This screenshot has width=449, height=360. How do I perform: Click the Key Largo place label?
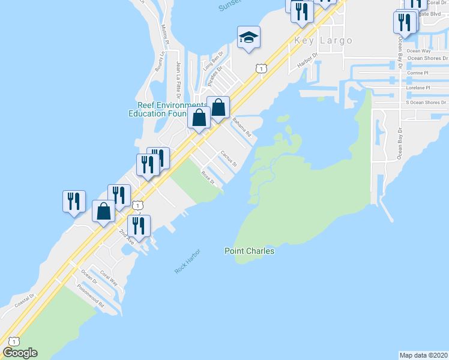[x=323, y=41]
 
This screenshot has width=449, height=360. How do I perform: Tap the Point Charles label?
[x=250, y=251]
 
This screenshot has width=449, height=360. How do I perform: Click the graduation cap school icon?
[x=249, y=38]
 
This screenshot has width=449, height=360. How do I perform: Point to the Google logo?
[x=20, y=353]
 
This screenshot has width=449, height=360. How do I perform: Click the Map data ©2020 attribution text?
[x=424, y=355]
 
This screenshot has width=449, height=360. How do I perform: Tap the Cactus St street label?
[x=229, y=159]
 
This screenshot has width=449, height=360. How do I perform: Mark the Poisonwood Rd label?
[x=91, y=296]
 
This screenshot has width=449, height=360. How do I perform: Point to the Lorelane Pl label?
[x=418, y=88]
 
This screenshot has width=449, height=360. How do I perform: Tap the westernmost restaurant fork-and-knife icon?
[x=74, y=200]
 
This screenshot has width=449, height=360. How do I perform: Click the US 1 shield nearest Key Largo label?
[x=261, y=69]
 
